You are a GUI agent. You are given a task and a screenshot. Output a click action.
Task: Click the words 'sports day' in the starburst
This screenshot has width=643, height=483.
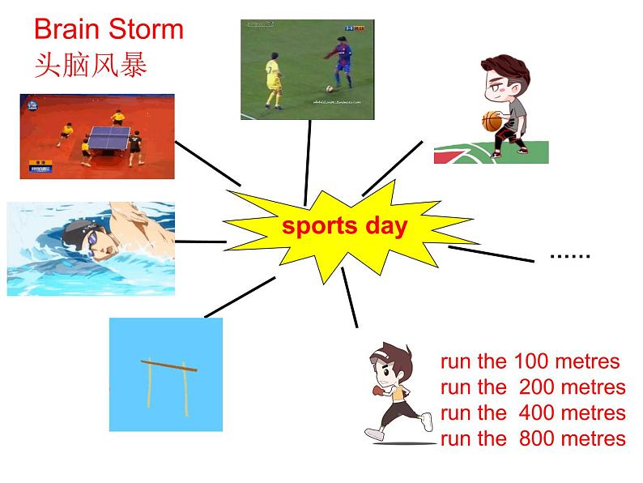click(x=344, y=226)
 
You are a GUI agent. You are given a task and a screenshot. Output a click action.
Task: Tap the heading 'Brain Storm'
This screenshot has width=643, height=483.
click(x=109, y=30)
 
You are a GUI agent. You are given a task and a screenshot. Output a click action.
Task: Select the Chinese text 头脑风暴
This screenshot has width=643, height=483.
click(x=91, y=65)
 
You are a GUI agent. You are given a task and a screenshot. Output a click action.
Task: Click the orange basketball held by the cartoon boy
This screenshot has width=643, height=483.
click(x=492, y=122)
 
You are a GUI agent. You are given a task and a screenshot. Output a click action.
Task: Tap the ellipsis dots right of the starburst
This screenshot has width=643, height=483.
click(x=570, y=255)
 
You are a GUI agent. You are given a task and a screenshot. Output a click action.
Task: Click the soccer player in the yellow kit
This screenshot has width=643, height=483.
click(x=271, y=80)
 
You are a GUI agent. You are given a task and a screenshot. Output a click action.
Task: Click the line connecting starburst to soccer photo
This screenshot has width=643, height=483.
click(x=309, y=162)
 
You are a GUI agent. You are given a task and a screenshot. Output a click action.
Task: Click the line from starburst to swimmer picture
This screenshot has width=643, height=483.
click(x=200, y=241)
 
